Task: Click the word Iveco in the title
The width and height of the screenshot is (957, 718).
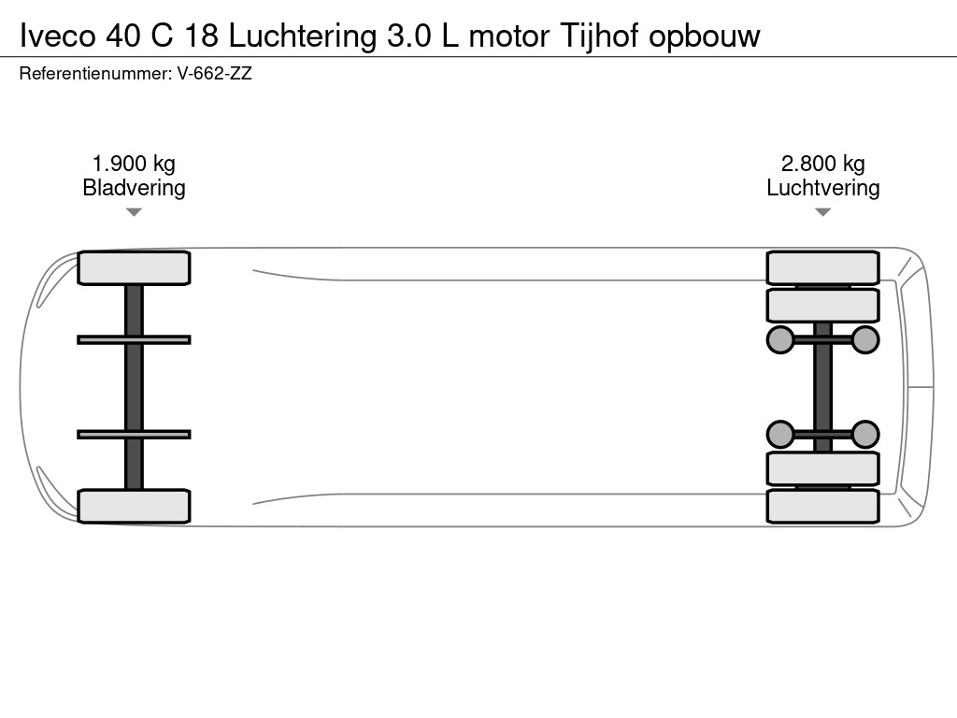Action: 58,36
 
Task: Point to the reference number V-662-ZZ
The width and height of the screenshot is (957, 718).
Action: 214,73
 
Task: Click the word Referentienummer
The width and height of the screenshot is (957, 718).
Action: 94,73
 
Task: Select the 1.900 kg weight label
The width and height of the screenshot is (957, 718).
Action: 134,165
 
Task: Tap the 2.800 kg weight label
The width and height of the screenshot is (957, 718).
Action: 822,165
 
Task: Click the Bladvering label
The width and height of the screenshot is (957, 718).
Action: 134,188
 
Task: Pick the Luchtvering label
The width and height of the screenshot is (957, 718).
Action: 822,188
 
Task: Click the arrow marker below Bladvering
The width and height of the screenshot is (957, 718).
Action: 134,212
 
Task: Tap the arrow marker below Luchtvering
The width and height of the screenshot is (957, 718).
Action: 822,212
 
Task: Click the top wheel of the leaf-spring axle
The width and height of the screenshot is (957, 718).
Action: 134,268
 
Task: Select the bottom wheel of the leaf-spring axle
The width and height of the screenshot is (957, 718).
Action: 134,506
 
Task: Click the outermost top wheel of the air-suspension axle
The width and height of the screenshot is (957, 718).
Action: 822,267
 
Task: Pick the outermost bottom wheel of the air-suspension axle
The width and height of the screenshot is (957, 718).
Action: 822,506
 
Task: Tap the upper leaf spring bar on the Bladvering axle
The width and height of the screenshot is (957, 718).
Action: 134,339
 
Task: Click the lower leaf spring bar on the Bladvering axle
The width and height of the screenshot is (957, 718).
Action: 134,434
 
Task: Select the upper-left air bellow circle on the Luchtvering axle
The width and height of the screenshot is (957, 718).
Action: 779,339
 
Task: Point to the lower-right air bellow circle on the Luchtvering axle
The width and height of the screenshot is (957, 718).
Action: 865,434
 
